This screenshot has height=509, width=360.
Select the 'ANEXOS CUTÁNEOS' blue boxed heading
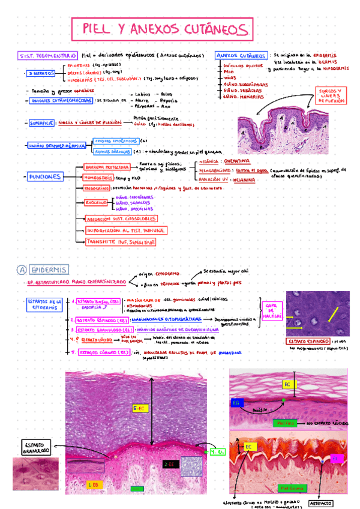click(241, 55)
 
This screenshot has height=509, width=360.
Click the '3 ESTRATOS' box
click(41, 73)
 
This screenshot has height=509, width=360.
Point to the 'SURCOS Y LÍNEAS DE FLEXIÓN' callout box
click(332, 96)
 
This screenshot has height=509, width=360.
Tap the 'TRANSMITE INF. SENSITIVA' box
click(121, 242)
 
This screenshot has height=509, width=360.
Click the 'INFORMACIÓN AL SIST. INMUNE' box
click(125, 230)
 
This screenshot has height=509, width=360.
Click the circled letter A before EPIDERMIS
click(21, 270)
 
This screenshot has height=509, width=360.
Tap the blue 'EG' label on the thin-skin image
click(236, 403)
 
